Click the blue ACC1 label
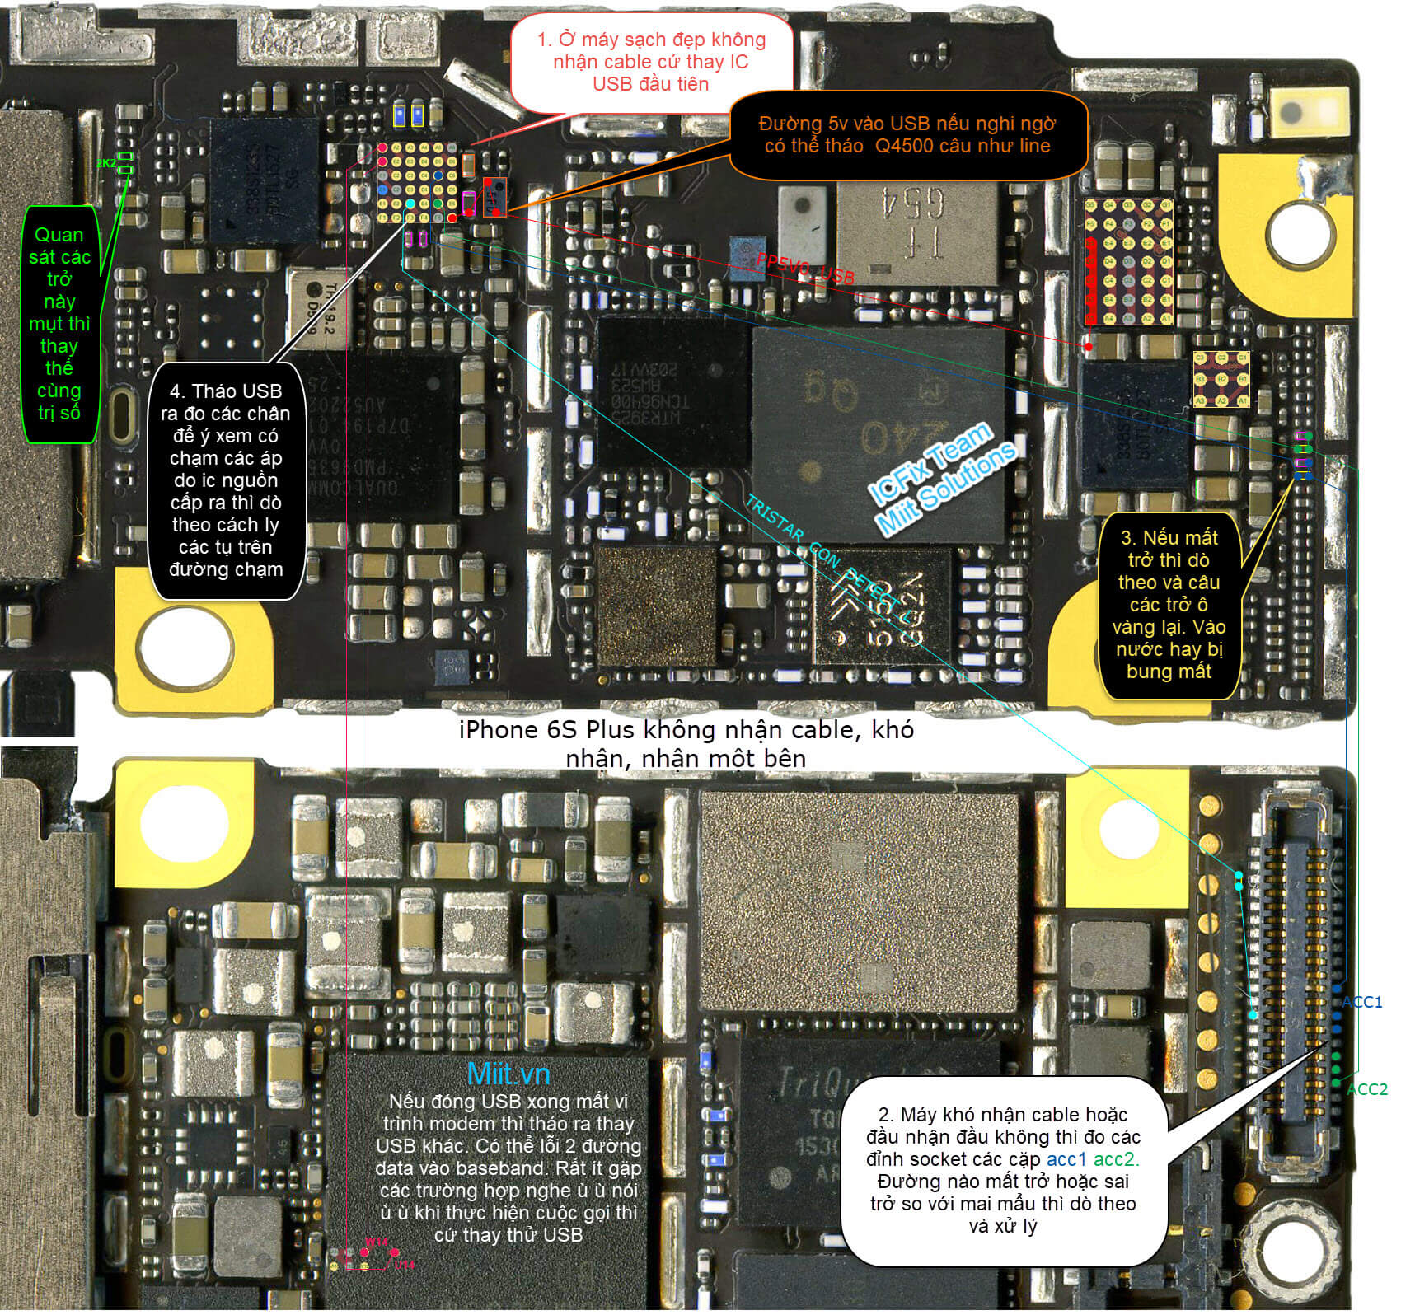click(x=1361, y=1002)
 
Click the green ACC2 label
click(x=1366, y=1089)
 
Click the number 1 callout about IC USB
click(x=650, y=62)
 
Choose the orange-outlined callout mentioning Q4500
click(x=907, y=135)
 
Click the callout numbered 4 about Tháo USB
click(x=225, y=480)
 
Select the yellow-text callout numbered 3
click(x=1169, y=605)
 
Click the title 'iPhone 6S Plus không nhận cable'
click(x=686, y=743)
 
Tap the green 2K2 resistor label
click(x=106, y=163)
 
